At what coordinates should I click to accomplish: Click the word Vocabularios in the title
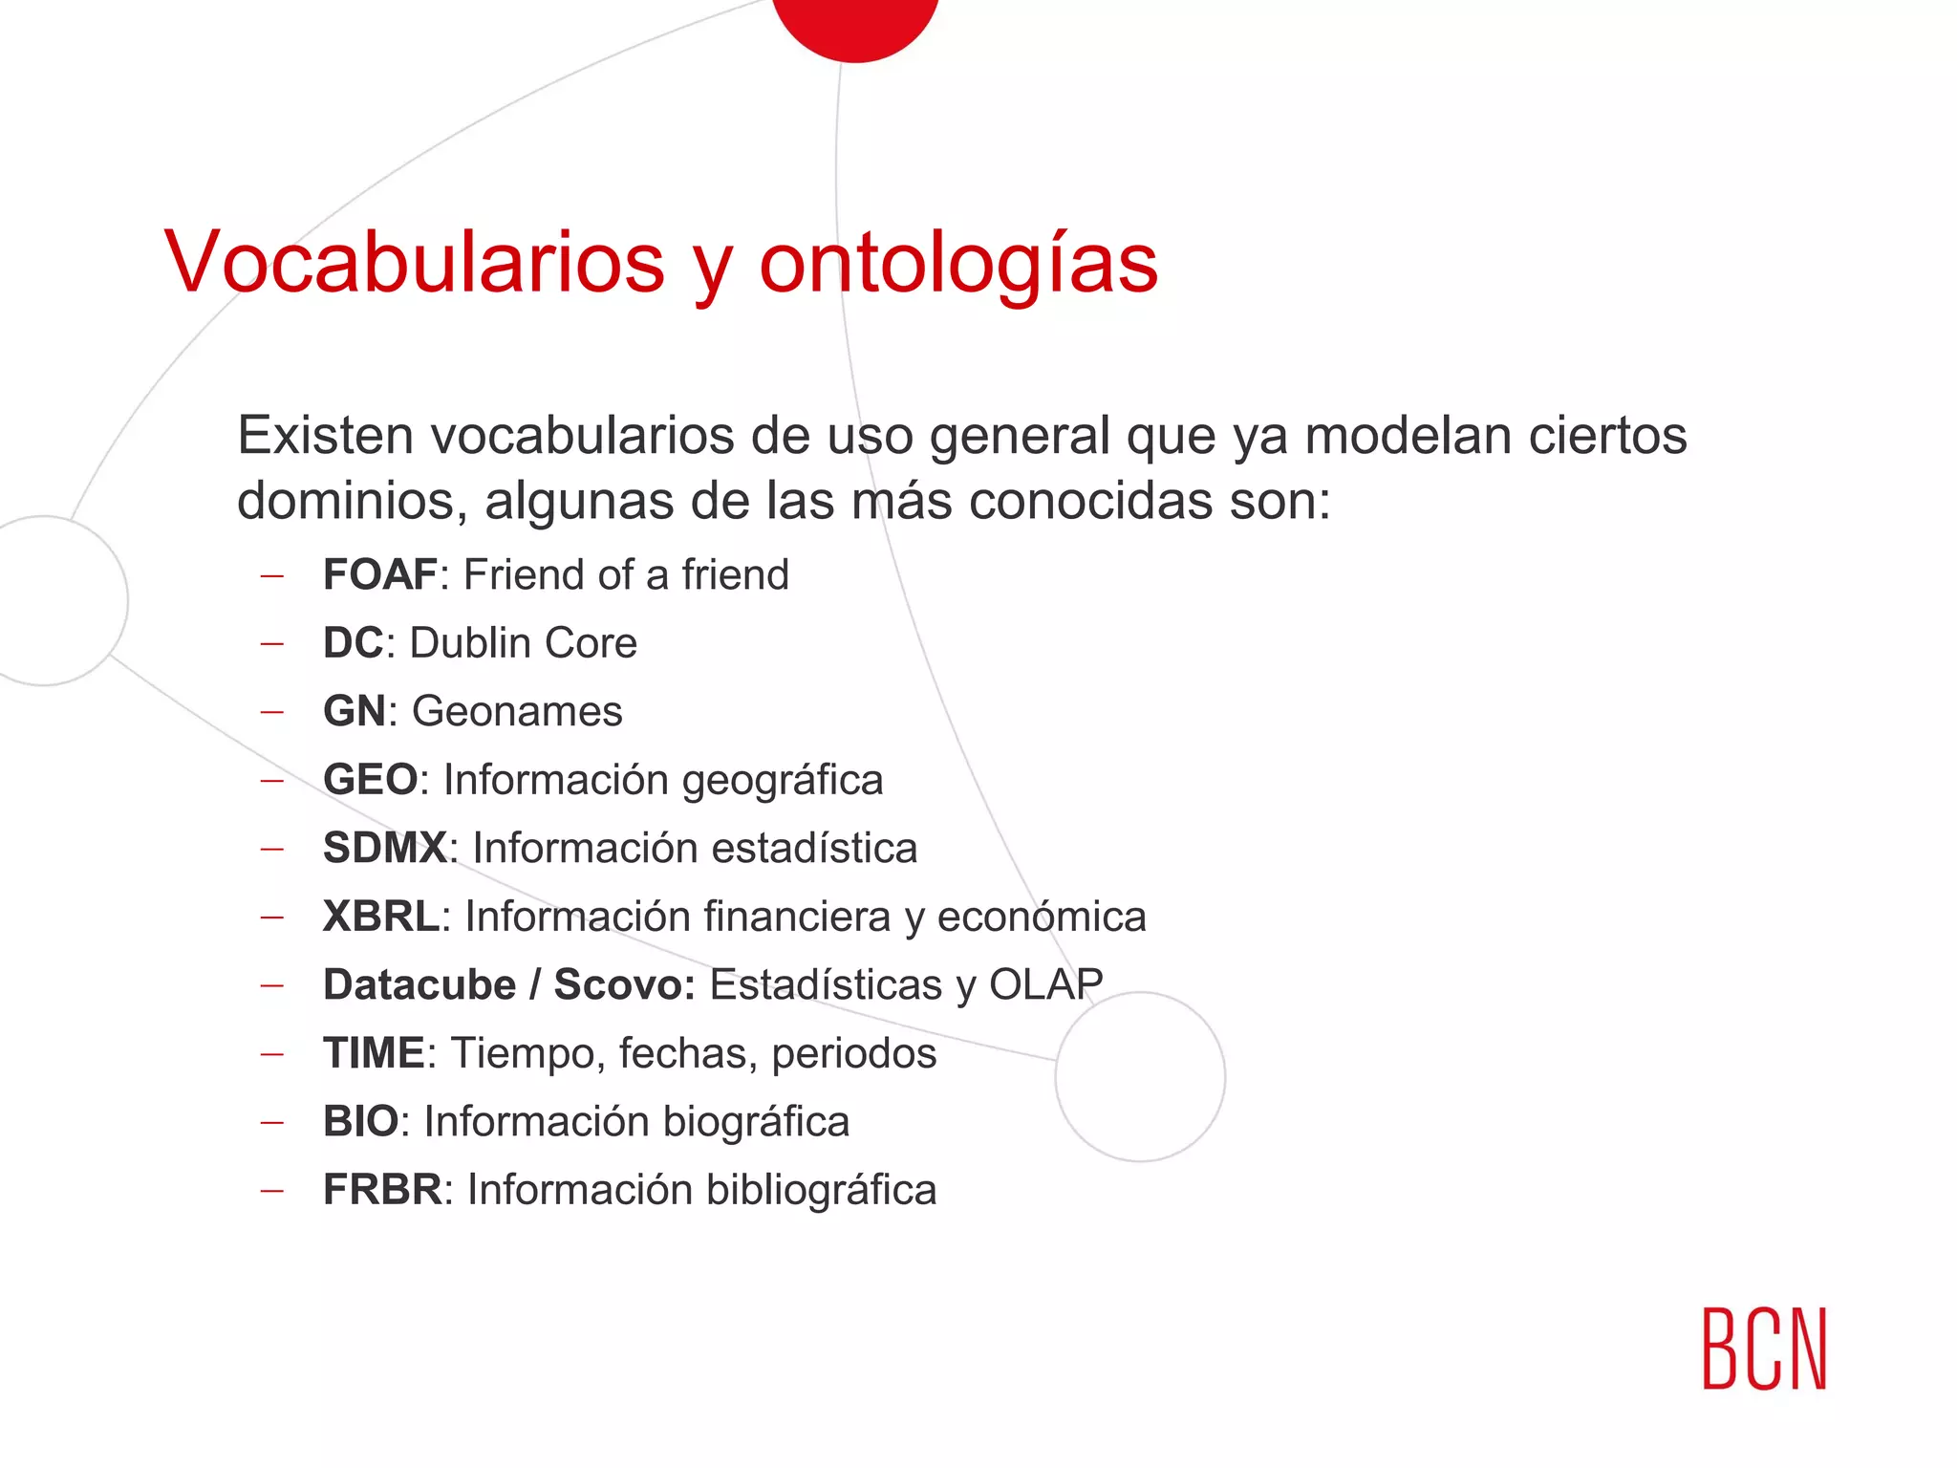[414, 262]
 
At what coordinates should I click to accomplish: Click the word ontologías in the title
[958, 264]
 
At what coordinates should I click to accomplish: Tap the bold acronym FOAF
[379, 575]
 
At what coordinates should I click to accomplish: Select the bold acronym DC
[353, 643]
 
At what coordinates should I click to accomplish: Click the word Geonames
[517, 712]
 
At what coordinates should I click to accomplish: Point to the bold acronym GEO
[370, 780]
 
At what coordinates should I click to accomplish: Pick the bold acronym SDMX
[384, 849]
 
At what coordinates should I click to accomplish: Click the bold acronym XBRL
[380, 917]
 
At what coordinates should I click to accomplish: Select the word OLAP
[1045, 985]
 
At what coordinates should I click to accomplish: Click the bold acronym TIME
[373, 1053]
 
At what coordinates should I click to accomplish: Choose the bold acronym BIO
[360, 1122]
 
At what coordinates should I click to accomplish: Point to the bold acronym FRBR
[382, 1190]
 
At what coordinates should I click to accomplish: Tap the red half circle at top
[855, 24]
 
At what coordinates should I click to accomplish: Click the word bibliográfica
[822, 1191]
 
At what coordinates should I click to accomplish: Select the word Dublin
[463, 643]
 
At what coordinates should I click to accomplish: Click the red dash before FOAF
[272, 576]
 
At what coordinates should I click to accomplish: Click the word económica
[1042, 917]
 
